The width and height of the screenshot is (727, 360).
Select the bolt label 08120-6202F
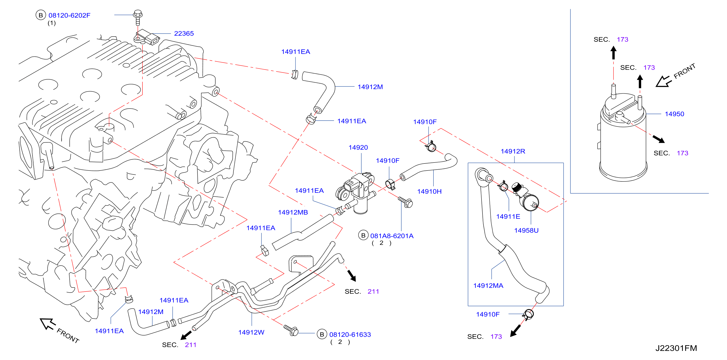pos(69,15)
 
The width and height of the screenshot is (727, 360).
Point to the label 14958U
pos(526,230)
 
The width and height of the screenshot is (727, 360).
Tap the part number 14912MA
pos(488,286)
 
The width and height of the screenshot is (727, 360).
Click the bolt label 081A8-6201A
pos(392,236)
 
